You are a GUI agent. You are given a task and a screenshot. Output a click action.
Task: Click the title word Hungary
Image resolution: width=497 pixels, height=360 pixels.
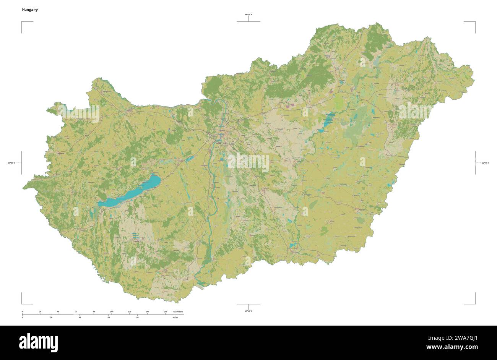tap(30, 10)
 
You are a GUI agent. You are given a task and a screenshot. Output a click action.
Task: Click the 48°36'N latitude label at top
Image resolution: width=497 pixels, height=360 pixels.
tap(248, 15)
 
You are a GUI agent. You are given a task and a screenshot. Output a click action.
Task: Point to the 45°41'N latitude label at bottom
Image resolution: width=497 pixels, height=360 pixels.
tap(248, 311)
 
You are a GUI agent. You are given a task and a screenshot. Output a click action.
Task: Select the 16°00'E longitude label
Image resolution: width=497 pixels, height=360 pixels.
tap(11, 163)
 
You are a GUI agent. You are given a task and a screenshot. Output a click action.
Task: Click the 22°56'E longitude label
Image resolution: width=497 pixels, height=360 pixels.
tap(485, 163)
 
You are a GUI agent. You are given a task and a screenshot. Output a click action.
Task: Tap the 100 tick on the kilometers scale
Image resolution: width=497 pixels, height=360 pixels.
tap(112, 312)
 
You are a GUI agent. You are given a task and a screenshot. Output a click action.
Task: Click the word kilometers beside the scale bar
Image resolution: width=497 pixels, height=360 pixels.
tap(178, 312)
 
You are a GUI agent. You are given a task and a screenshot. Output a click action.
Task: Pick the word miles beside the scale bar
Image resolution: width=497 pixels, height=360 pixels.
tap(175, 318)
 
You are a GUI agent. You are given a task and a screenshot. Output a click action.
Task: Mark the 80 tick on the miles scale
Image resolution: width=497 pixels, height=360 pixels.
tap(137, 318)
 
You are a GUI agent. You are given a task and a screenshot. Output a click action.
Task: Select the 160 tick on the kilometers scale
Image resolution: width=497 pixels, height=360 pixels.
tap(165, 312)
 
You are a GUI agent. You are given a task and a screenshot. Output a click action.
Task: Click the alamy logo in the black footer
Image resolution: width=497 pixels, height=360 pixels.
tap(38, 342)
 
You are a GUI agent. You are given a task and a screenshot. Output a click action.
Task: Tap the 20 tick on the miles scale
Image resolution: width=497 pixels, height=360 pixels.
tap(51, 318)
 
